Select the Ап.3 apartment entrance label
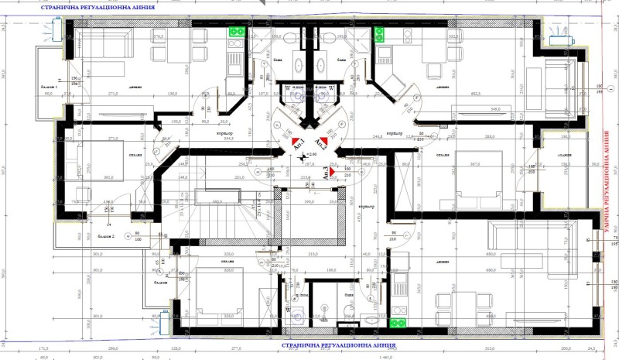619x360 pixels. click(327, 174)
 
